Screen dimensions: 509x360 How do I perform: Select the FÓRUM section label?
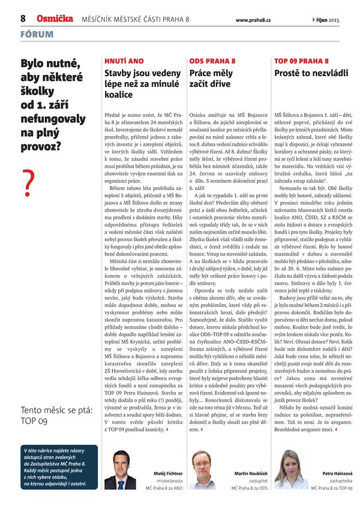pos(35,35)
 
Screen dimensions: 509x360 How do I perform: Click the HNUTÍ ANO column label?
pos(124,61)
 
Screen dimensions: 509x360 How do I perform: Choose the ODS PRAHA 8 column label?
pos(212,61)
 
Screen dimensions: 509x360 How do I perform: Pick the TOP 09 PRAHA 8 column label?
pos(301,61)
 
